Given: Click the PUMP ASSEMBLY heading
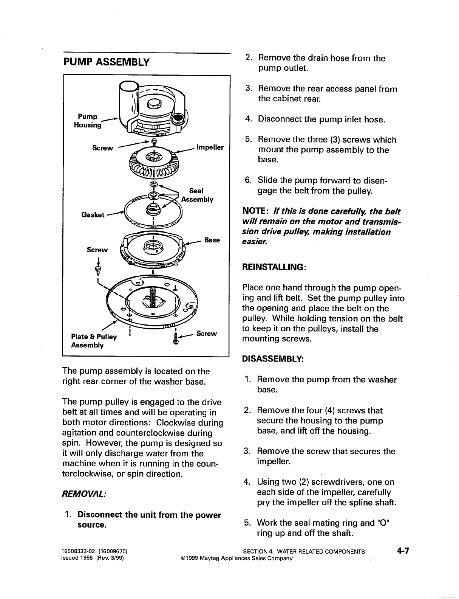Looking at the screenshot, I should [107, 62].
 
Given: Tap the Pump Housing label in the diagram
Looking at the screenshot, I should [88, 121].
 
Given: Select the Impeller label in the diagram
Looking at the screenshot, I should [210, 147].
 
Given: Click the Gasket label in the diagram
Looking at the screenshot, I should [93, 215].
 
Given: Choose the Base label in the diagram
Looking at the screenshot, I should [212, 240].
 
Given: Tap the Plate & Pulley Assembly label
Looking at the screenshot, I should [94, 341].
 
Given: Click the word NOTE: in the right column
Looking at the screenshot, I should [255, 211].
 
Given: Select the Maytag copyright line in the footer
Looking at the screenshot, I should [237, 559].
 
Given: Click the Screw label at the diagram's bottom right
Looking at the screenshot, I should [207, 334].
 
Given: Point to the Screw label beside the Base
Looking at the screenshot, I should [97, 250].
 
